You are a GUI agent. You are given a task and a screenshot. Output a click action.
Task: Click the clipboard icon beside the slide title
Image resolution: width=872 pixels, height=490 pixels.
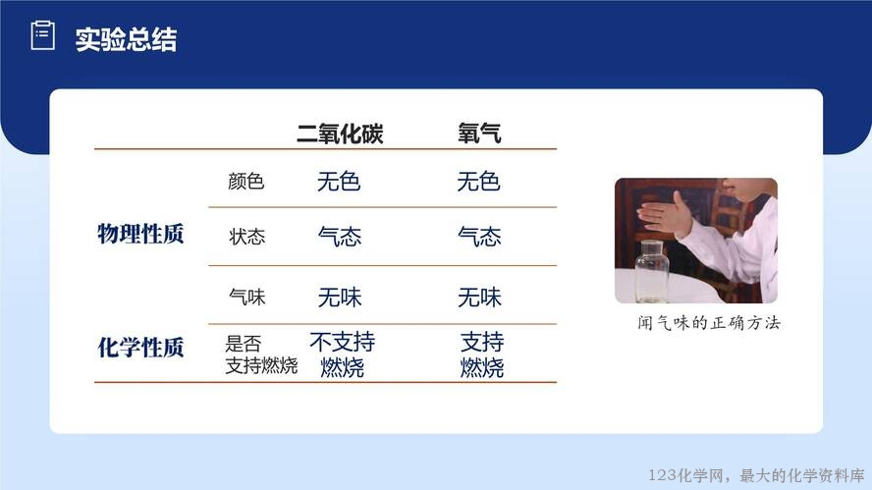point(42,35)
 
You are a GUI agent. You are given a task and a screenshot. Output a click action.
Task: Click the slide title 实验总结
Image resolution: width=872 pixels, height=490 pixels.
point(127,39)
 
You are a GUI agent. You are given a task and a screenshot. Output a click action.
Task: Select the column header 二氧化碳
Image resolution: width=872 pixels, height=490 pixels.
point(340,134)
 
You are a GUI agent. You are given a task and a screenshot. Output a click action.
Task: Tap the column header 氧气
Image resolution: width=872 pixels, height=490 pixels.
point(479,134)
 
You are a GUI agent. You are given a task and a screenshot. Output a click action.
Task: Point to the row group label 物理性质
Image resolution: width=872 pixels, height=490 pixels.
point(140,234)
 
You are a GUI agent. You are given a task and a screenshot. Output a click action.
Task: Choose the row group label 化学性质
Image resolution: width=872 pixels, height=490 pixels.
point(140,347)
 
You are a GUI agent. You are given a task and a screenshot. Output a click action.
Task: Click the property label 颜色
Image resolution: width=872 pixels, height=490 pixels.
point(245,182)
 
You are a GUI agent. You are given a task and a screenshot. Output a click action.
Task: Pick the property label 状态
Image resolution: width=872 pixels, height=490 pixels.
point(246,237)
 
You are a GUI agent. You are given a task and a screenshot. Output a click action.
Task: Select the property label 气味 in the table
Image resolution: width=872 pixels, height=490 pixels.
point(246,297)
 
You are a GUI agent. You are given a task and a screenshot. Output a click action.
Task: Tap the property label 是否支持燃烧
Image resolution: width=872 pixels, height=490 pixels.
point(261,354)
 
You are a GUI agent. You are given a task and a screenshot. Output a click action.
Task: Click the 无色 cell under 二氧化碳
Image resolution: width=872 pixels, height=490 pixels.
point(339,182)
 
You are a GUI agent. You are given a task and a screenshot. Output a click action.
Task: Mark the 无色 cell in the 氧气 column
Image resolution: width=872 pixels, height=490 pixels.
point(478,182)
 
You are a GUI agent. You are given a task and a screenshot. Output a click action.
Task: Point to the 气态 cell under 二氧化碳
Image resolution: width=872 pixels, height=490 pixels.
point(340,237)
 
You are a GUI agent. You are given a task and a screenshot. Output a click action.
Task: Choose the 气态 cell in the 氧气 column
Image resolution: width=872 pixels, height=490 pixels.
point(479,237)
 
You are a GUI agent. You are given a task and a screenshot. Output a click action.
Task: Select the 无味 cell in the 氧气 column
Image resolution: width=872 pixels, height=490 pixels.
point(479,297)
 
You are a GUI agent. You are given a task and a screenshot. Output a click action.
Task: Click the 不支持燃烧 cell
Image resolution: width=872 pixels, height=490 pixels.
point(342,354)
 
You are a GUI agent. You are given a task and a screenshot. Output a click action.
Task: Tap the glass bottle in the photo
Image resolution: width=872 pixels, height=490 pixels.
point(652,271)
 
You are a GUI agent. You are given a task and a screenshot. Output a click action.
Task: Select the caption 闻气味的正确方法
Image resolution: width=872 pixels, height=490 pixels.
point(709,323)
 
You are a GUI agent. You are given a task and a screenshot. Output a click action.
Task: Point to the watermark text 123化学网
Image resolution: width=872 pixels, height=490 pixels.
point(686,475)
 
